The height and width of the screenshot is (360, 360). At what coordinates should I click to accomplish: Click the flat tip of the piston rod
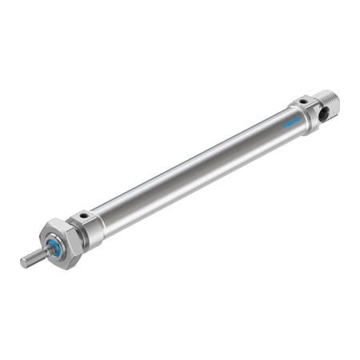click(x=23, y=262)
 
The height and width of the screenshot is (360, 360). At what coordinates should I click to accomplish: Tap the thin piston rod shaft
click(x=34, y=257)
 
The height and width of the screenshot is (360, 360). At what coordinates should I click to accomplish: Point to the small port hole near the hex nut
click(x=83, y=215)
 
